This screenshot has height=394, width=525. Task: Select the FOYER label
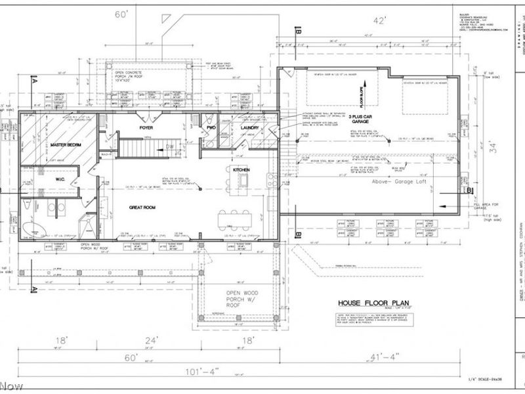click(x=146, y=127)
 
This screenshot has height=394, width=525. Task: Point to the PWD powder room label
click(x=211, y=127)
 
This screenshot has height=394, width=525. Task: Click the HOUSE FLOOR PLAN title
click(x=365, y=303)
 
